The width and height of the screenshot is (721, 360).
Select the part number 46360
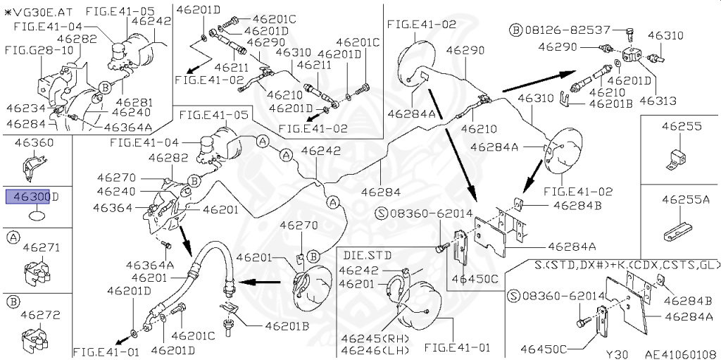coord(33,143)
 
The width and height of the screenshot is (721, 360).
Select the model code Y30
coord(617,354)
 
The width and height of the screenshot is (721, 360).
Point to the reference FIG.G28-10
coord(32,51)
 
